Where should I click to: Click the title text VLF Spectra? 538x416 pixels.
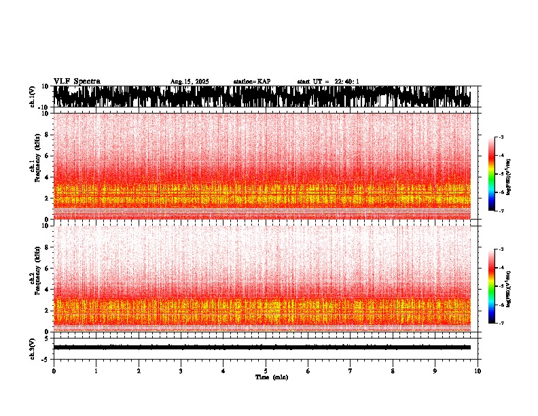click(x=77, y=81)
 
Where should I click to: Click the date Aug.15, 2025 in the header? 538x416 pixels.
click(x=190, y=82)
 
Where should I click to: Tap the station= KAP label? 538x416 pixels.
click(x=251, y=82)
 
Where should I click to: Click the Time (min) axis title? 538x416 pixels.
click(x=271, y=377)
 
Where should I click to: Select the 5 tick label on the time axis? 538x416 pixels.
click(x=266, y=371)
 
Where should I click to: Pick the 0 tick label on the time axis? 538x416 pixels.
click(x=54, y=371)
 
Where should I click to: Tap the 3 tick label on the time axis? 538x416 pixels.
click(x=181, y=371)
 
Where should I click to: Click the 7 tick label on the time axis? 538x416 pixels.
click(x=351, y=371)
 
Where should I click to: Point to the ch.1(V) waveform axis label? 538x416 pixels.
click(x=32, y=97)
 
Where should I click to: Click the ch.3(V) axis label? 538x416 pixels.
click(x=32, y=347)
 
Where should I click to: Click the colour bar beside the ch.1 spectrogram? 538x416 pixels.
click(x=492, y=174)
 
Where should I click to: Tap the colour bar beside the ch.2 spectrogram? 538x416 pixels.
click(x=492, y=286)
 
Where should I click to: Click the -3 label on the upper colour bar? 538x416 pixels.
click(x=501, y=138)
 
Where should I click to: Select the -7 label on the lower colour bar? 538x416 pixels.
click(x=501, y=324)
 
